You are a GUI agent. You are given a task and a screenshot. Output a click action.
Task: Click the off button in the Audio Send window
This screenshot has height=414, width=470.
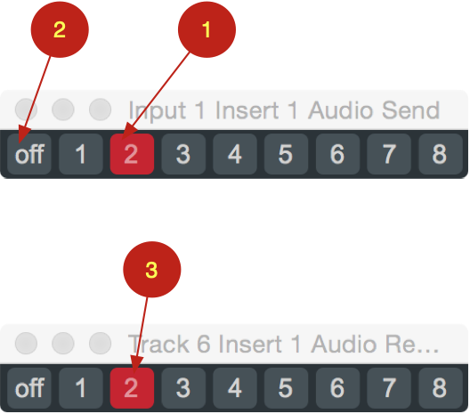tap(29, 154)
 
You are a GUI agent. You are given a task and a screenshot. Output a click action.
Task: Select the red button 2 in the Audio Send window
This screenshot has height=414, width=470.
tap(132, 154)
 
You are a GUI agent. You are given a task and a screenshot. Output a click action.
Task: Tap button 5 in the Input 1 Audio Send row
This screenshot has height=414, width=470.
tap(286, 154)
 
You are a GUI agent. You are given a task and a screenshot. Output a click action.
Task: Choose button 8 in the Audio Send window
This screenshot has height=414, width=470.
tap(441, 154)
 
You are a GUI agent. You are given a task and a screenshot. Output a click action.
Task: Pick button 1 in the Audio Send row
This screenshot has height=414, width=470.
tap(81, 154)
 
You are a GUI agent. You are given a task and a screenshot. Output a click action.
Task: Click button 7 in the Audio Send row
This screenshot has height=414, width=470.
tap(389, 154)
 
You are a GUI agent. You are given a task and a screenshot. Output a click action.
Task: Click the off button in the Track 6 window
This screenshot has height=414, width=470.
tap(29, 388)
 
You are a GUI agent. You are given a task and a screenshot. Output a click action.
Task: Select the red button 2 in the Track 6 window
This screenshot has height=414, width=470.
tap(132, 388)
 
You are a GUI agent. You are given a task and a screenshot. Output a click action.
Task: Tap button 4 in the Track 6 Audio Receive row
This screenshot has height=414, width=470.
tap(235, 388)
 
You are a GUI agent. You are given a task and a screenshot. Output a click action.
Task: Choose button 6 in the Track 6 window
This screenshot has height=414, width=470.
tap(337, 388)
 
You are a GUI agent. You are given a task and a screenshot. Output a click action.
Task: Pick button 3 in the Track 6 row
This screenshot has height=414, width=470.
tap(183, 388)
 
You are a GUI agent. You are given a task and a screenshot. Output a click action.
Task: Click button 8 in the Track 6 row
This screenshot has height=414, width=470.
tap(441, 388)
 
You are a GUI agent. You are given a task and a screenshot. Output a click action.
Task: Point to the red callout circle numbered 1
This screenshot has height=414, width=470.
tap(207, 29)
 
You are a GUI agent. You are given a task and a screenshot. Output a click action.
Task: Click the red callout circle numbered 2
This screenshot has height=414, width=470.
tap(60, 29)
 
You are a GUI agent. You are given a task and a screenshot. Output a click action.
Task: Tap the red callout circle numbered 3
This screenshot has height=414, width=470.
tap(152, 270)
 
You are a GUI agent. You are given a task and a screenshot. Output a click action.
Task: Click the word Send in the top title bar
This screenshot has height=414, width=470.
tap(410, 110)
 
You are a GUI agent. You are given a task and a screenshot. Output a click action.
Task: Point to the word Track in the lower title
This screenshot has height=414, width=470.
tap(158, 344)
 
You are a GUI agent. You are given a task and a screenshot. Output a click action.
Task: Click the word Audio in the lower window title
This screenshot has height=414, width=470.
tap(344, 344)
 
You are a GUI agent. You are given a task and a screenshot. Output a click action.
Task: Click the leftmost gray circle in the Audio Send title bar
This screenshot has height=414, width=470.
tap(26, 110)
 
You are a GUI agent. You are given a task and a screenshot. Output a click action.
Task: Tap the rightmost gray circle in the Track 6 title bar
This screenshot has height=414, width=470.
tap(100, 343)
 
